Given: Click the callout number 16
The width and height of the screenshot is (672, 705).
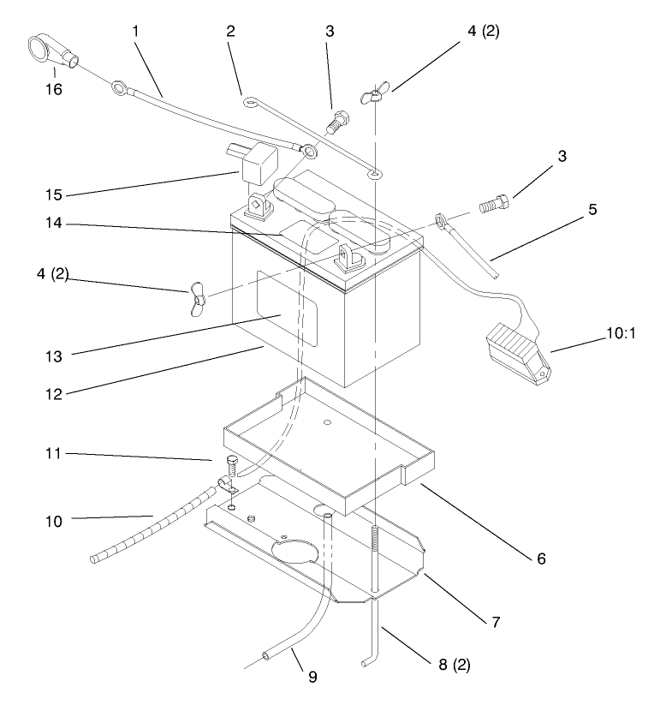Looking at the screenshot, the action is (53, 89).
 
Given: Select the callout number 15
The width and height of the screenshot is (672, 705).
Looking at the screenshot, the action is (53, 194).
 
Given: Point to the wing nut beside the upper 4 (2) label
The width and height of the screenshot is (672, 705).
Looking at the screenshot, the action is (375, 93).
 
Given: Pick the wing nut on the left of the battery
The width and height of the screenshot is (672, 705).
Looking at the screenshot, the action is (197, 299).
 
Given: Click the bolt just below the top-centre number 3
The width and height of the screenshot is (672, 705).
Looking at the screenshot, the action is (337, 122).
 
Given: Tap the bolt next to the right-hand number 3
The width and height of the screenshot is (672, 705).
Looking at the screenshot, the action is (495, 204).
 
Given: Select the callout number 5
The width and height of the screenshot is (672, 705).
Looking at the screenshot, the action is (592, 209).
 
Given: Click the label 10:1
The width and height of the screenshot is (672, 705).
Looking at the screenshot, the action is (621, 333).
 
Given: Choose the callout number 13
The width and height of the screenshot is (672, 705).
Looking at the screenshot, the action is (53, 356).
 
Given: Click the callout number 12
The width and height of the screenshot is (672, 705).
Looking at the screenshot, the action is (53, 394).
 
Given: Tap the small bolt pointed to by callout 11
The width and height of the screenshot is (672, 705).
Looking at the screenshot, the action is (232, 465).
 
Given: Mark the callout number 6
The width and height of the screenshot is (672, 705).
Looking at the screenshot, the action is (541, 559).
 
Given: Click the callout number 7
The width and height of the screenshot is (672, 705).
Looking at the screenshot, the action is (496, 622).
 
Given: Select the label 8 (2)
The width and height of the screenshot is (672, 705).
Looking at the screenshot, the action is (455, 665).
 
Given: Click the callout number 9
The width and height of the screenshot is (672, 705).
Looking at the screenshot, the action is (312, 676).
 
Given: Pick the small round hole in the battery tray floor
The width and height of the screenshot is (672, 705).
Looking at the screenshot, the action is (328, 422).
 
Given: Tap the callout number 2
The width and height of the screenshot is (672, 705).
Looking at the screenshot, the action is (230, 31).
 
